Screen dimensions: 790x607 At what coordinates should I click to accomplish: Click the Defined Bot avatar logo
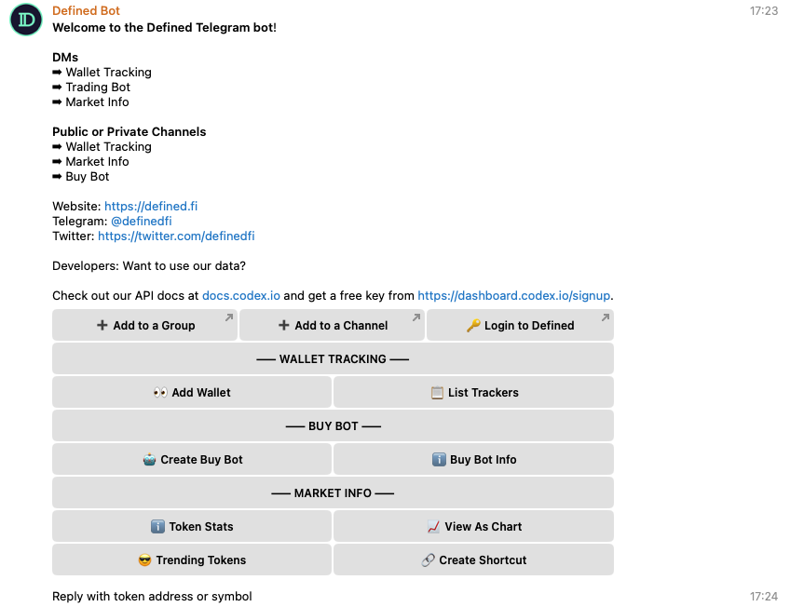pyautogui.click(x=26, y=20)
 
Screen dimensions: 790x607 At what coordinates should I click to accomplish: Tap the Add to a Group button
pyautogui.click(x=144, y=325)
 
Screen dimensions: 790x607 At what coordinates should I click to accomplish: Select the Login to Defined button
pyautogui.click(x=520, y=325)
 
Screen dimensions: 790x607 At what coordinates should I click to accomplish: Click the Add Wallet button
pyautogui.click(x=192, y=392)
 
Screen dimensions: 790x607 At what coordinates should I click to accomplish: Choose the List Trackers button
pyautogui.click(x=473, y=392)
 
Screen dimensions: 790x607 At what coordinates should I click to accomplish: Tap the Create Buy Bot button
pyautogui.click(x=192, y=459)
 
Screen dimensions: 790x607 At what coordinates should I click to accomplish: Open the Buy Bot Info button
pyautogui.click(x=473, y=459)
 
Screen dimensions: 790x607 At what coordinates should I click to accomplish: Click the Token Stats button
pyautogui.click(x=192, y=526)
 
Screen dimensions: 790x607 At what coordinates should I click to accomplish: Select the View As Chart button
pyautogui.click(x=473, y=526)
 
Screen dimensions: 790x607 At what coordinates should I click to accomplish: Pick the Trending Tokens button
pyautogui.click(x=192, y=560)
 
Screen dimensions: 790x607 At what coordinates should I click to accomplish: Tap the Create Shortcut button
pyautogui.click(x=473, y=560)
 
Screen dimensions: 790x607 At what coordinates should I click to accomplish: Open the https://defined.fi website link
pyautogui.click(x=151, y=207)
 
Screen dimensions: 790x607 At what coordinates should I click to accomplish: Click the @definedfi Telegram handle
pyautogui.click(x=141, y=221)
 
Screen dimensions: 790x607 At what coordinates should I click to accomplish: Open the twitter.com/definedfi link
pyautogui.click(x=176, y=236)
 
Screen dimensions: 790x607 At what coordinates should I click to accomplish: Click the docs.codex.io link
pyautogui.click(x=241, y=295)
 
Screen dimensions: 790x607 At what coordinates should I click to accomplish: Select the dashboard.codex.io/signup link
pyautogui.click(x=514, y=295)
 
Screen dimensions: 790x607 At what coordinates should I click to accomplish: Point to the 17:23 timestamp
pyautogui.click(x=764, y=10)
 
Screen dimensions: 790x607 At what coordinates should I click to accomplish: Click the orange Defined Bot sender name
pyautogui.click(x=86, y=10)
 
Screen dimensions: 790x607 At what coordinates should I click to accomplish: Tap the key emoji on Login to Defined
pyautogui.click(x=473, y=326)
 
